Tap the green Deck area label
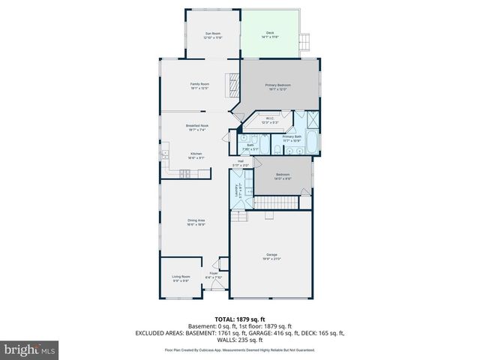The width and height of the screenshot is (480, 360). tap(270, 33)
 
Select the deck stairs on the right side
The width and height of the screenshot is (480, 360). tap(304, 42)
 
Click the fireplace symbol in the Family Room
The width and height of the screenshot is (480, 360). tap(232, 81)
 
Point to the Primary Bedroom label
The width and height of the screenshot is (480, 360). tap(277, 85)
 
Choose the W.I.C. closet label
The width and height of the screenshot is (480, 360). tap(270, 118)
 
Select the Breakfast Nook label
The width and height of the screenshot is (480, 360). tap(197, 126)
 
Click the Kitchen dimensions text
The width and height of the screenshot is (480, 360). tap(196, 157)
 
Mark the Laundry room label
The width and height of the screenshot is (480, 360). tap(238, 190)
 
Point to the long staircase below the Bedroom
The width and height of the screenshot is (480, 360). tap(282, 202)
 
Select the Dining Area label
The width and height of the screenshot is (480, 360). tap(196, 220)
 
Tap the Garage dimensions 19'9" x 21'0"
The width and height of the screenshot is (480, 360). tap(271, 259)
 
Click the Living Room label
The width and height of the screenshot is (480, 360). tap(181, 277)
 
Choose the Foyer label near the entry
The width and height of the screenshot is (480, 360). tap(214, 274)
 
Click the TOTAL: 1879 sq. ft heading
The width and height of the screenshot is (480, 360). tap(239, 319)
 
